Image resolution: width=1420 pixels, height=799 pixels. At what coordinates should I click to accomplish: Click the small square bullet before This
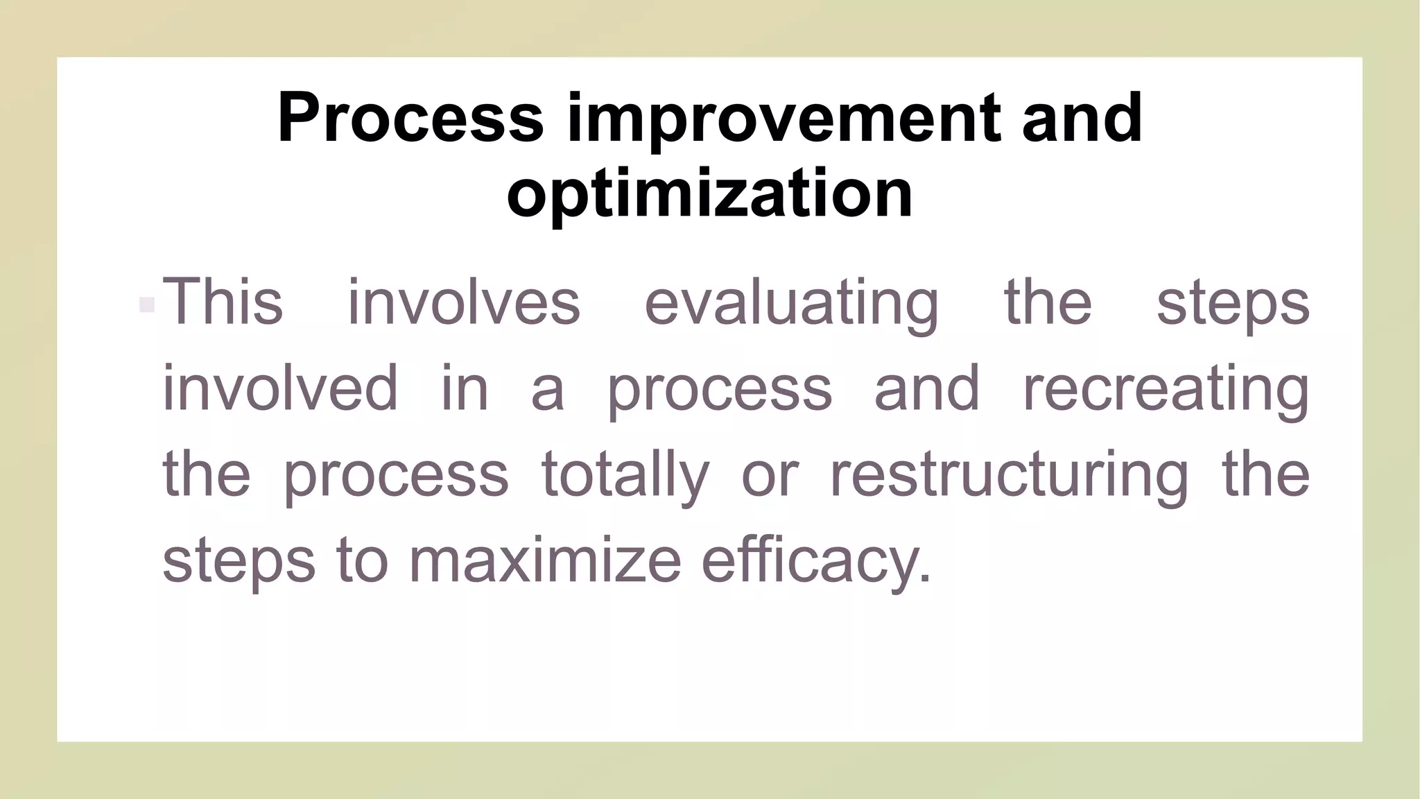pos(146,304)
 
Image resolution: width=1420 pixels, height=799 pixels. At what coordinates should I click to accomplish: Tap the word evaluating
pos(791,303)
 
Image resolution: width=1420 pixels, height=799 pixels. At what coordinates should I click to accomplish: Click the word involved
pos(280,388)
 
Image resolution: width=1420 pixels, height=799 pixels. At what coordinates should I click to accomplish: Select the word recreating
pos(1166,389)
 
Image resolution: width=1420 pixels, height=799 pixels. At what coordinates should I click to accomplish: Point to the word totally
pos(625,475)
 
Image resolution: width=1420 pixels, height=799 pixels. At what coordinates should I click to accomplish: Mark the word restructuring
pos(1009,475)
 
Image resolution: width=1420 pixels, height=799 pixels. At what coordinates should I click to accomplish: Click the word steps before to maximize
pos(239,562)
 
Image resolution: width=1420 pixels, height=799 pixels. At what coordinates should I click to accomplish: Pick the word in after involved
pos(465,388)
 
